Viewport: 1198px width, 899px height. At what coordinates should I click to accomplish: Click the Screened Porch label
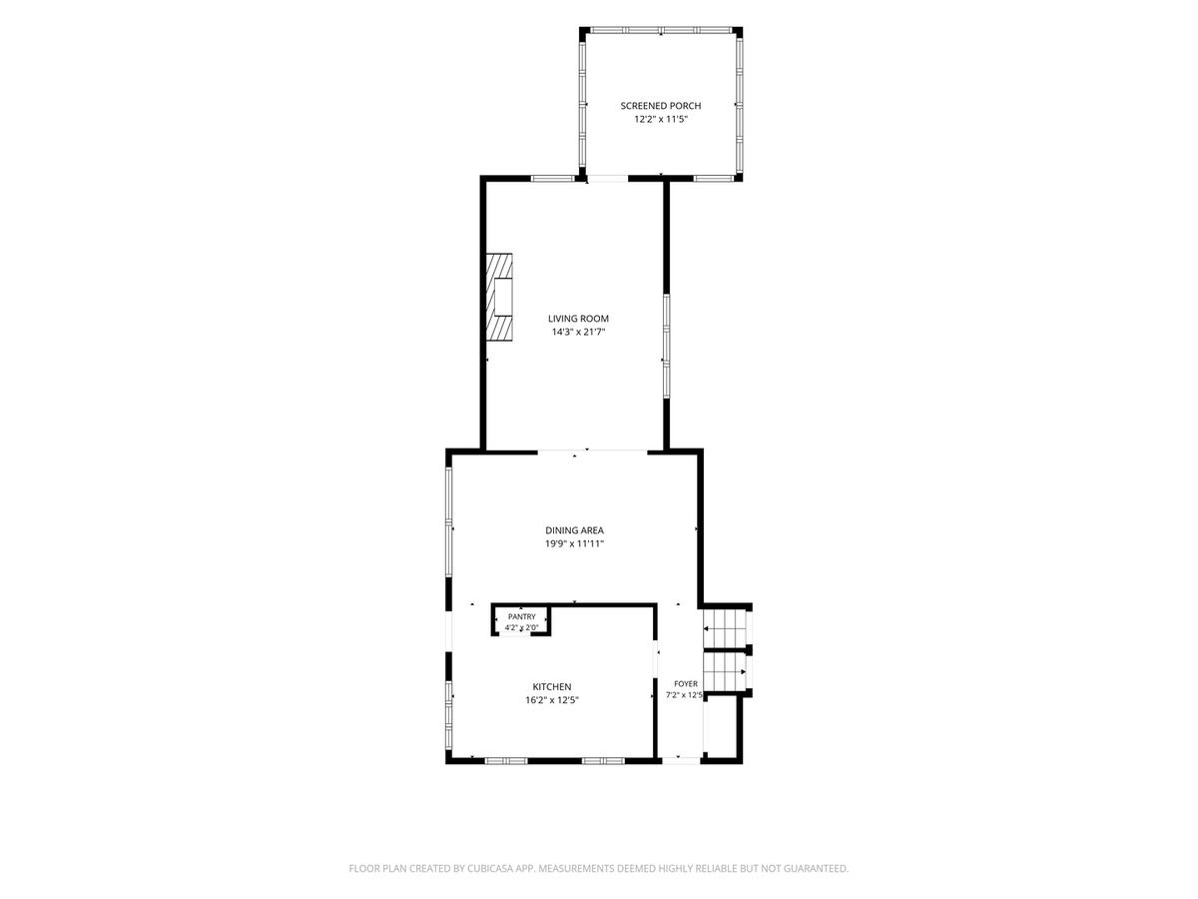coord(661,106)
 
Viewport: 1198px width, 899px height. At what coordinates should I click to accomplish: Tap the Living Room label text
coord(578,319)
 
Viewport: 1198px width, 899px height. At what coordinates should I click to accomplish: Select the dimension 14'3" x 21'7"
coord(578,332)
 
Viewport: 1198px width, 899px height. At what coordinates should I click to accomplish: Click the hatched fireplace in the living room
coord(499,298)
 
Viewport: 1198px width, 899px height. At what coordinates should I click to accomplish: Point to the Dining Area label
coord(574,530)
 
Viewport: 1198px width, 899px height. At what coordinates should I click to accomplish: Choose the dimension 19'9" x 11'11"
coord(574,543)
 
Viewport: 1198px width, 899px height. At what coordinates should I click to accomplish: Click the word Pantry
coord(522,616)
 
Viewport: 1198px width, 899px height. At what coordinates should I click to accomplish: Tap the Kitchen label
coord(552,687)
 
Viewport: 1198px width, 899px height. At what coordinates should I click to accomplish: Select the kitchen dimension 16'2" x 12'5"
coord(552,700)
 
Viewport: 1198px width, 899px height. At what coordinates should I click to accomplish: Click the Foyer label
coord(686,684)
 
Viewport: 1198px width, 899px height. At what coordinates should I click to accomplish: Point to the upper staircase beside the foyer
coord(725,629)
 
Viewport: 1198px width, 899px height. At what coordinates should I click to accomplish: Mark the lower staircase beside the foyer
coord(725,672)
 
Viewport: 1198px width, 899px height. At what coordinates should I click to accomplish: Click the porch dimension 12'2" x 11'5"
coord(661,120)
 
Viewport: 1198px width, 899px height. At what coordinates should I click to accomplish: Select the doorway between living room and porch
coord(608,178)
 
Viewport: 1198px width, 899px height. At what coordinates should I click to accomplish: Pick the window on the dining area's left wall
coord(448,521)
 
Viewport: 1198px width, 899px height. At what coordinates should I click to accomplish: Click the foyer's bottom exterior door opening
coord(680,760)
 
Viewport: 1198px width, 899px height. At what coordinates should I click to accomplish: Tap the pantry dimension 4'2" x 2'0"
coord(522,627)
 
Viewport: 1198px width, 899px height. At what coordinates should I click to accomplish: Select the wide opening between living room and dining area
coord(593,451)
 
